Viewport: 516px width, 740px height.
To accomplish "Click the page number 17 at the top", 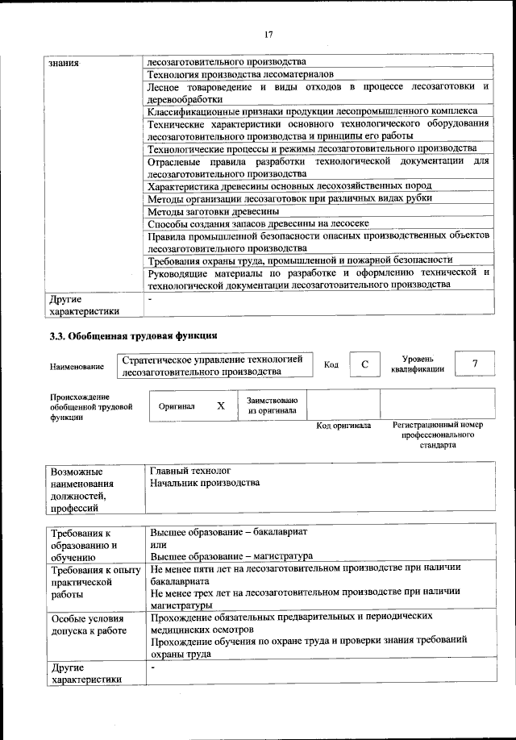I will coord(268,33).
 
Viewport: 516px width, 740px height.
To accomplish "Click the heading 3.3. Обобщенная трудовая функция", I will coord(133,335).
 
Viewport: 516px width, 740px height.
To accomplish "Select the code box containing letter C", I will coord(364,365).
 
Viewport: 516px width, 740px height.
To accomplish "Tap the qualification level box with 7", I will coord(474,364).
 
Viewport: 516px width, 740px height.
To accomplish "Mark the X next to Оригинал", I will coord(220,406).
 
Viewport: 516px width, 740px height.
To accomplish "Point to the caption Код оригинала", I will coord(343,426).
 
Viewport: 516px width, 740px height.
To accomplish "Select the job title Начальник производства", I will coord(205,483).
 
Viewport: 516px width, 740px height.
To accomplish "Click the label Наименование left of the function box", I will coord(77,367).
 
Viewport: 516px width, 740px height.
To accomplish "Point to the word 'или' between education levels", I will coord(158,544).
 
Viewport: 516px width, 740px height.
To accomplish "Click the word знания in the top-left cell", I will coord(64,62).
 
